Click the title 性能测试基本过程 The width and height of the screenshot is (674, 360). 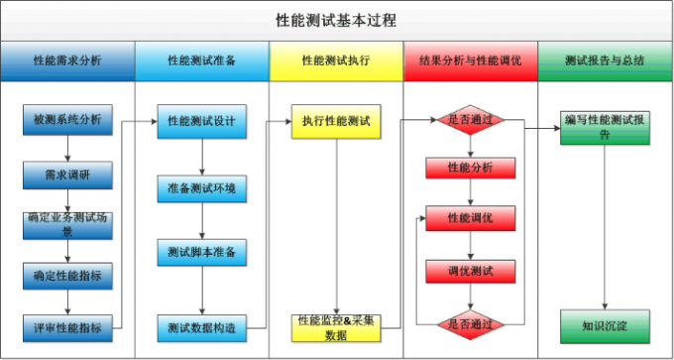(x=336, y=20)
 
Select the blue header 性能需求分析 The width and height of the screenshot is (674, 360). (x=67, y=60)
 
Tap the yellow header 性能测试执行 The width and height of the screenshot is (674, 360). (x=336, y=60)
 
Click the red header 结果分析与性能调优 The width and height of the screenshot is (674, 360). (x=471, y=60)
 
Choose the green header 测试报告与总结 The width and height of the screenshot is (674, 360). (x=605, y=60)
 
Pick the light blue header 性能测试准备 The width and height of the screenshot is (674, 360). (x=202, y=60)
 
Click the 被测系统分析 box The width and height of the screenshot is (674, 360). (x=67, y=120)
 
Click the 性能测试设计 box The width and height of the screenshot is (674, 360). (x=202, y=120)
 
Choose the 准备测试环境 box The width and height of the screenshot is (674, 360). (x=202, y=186)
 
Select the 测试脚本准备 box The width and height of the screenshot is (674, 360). (x=202, y=253)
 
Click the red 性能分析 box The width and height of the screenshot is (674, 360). (x=471, y=168)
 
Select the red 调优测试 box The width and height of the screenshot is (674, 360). (x=471, y=270)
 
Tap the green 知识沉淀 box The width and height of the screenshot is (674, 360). (x=606, y=323)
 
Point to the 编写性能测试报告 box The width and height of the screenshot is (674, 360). (x=606, y=127)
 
